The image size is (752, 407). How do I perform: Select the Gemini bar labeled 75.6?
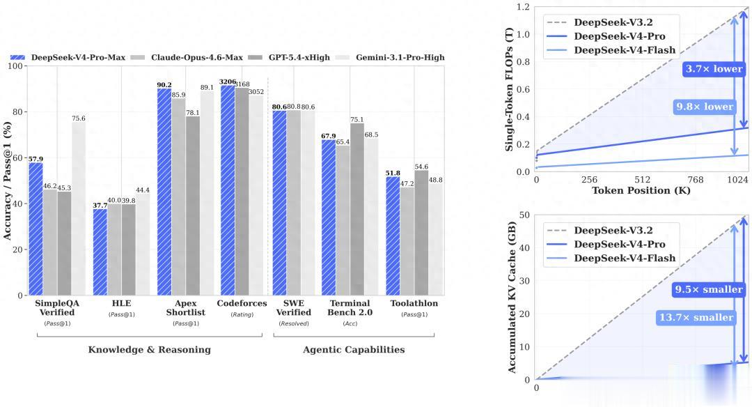pyautogui.click(x=78, y=208)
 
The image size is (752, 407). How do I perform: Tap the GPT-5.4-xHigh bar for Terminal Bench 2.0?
pyautogui.click(x=357, y=209)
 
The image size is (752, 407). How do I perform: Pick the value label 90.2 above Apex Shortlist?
pyautogui.click(x=164, y=84)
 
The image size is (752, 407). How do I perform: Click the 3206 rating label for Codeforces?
pyautogui.click(x=228, y=82)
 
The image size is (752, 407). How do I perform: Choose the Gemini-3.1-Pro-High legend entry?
pyautogui.click(x=389, y=57)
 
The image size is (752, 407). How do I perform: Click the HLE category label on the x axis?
pyautogui.click(x=120, y=304)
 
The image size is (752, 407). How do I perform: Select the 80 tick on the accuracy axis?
pyautogui.click(x=17, y=112)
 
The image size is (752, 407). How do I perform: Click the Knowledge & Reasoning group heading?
pyautogui.click(x=149, y=349)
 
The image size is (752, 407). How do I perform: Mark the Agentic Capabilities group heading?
pyautogui.click(x=353, y=349)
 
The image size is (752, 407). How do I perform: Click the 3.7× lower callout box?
pyautogui.click(x=714, y=69)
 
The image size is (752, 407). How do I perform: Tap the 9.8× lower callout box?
pyautogui.click(x=705, y=107)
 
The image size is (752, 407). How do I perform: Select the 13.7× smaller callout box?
pyautogui.click(x=696, y=318)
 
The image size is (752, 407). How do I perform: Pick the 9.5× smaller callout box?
pyautogui.click(x=706, y=289)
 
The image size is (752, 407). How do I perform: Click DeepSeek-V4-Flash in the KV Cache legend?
pyautogui.click(x=624, y=258)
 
